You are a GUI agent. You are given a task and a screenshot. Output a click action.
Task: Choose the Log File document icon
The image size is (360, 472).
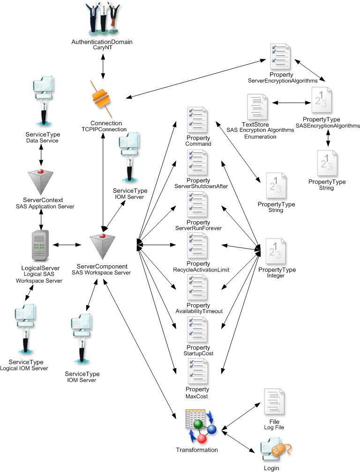274,402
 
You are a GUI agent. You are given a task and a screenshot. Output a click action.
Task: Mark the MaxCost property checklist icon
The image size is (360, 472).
197,371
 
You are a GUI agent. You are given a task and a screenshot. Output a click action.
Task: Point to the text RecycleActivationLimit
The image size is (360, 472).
197,270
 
